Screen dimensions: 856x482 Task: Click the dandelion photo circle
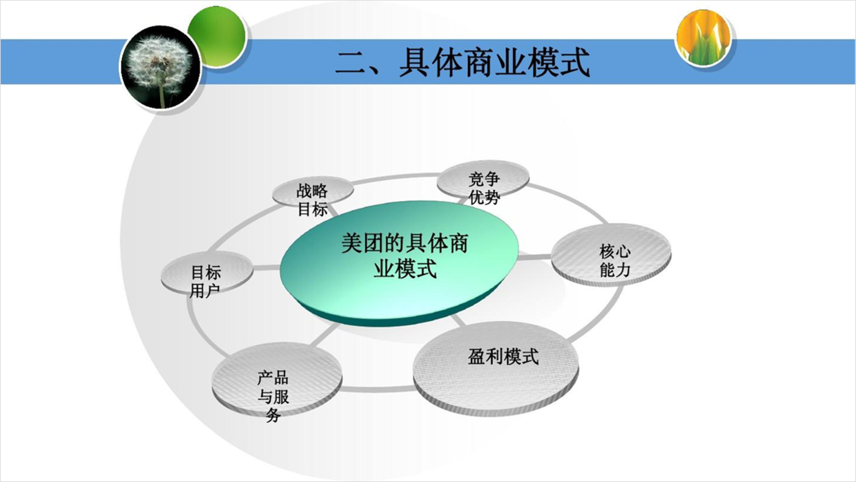point(160,67)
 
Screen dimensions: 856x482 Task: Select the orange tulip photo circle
point(703,37)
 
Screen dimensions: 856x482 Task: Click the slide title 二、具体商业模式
point(463,61)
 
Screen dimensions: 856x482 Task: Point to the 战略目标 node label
point(313,200)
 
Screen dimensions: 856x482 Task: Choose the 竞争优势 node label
point(484,188)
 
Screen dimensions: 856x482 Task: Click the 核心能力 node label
point(615,261)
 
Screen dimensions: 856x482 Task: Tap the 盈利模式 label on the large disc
point(503,356)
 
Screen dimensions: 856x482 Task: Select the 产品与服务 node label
point(273,396)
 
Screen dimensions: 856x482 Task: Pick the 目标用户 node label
point(206,282)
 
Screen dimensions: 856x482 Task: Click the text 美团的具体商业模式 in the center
point(405,256)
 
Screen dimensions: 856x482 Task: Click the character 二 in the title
point(351,62)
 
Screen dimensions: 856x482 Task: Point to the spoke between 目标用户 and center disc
point(266,267)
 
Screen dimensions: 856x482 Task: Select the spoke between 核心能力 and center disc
point(534,256)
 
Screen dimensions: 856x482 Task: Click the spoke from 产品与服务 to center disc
point(325,335)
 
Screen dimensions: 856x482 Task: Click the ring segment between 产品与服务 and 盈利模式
point(378,389)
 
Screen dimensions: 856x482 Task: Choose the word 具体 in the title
point(431,61)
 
